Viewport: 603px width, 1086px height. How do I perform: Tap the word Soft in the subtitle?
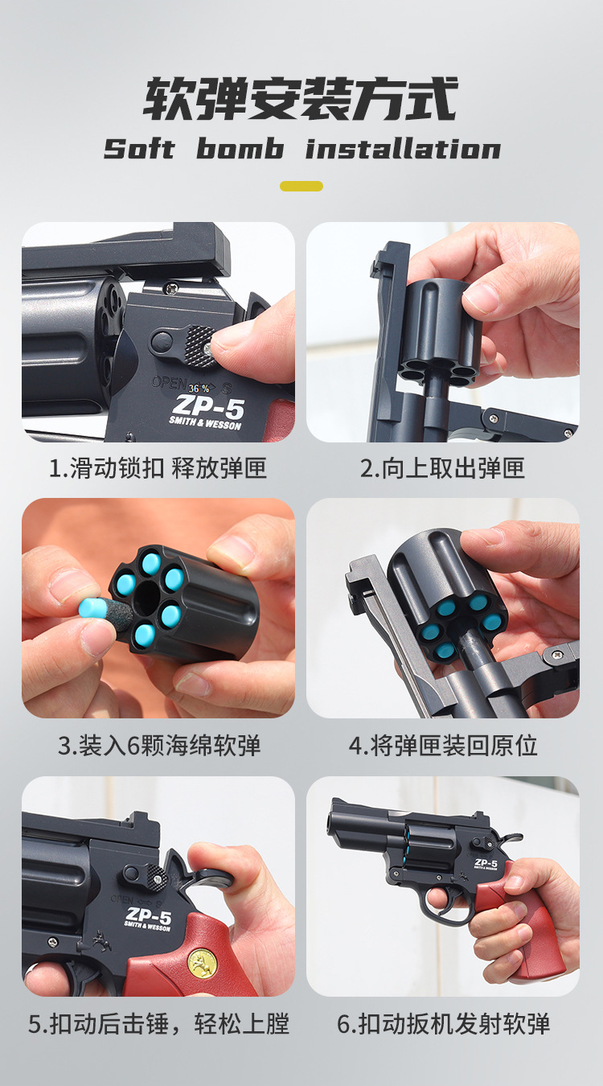point(139,150)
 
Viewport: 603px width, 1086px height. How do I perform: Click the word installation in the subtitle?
point(403,150)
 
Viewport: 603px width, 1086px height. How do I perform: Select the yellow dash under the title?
point(301,186)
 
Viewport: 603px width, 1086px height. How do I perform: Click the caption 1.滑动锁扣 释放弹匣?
point(158,468)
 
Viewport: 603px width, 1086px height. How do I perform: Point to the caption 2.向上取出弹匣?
point(442,468)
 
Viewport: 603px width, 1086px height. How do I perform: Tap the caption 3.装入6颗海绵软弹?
point(158,745)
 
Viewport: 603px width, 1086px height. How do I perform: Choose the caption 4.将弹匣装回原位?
point(442,745)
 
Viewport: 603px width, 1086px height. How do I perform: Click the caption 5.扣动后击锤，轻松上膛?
point(158,1024)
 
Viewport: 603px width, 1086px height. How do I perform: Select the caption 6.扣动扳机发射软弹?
point(443,1024)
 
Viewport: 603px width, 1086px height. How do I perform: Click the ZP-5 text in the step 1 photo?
point(207,405)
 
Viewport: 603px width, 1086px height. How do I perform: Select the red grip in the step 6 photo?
point(523,925)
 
